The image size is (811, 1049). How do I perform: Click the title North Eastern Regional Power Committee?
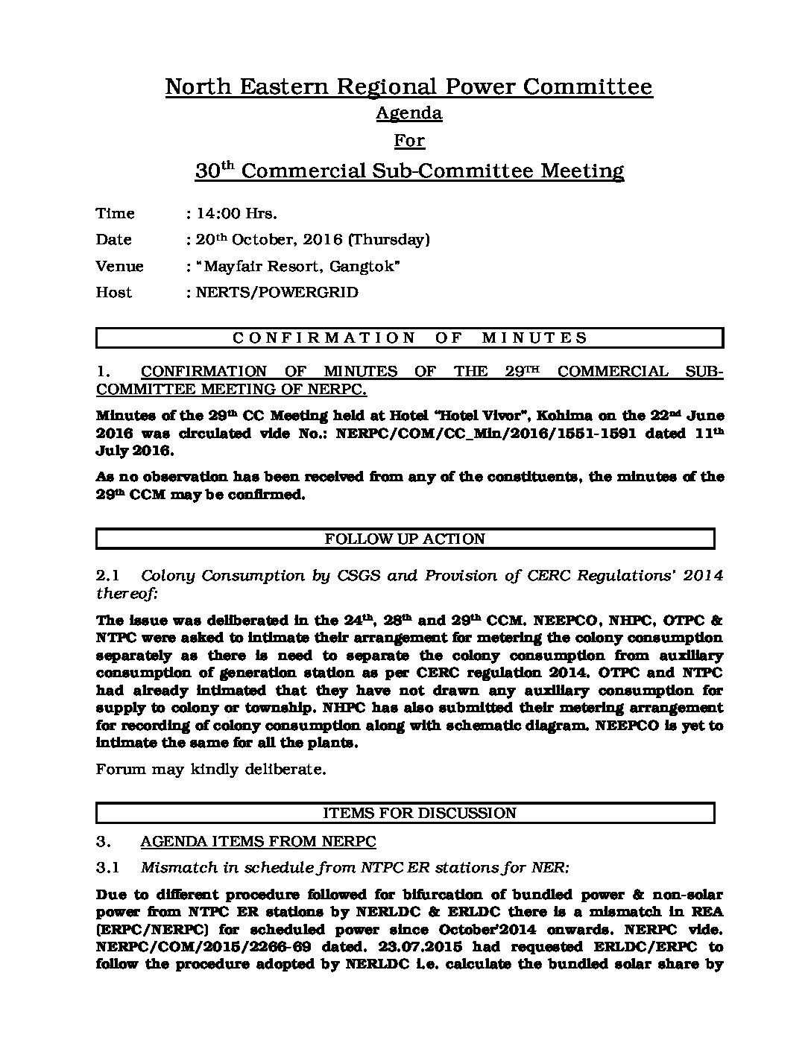408,87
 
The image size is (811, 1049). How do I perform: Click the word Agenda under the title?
408,113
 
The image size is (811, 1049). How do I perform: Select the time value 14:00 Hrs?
236,214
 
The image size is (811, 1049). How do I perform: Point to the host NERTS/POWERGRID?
277,293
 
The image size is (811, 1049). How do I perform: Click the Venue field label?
119,267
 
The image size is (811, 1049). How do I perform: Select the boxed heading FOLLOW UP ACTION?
405,539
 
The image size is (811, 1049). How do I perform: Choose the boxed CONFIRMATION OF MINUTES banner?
409,338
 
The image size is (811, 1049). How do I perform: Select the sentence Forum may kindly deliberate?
211,770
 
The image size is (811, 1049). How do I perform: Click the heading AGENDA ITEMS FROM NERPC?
258,842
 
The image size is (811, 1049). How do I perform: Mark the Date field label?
113,240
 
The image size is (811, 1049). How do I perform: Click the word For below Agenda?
409,142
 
